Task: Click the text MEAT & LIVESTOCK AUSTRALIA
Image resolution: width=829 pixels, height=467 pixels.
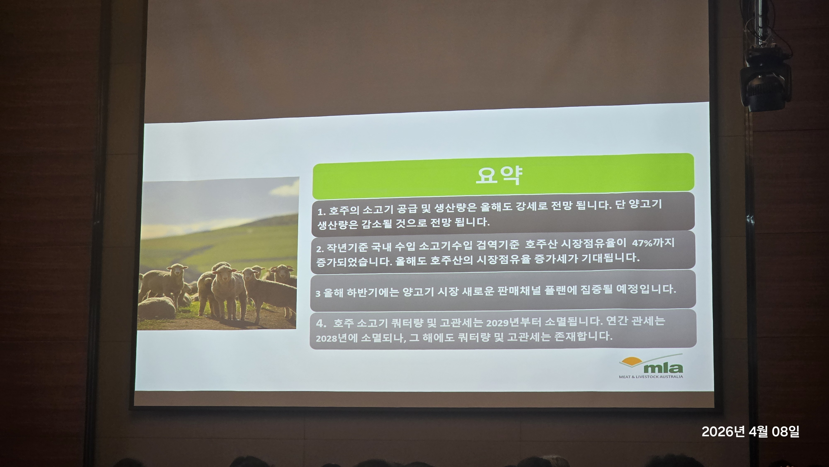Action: (x=651, y=377)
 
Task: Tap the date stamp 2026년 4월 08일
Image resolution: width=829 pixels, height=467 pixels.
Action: (x=750, y=432)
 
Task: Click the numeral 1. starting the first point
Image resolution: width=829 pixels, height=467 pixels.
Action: (x=322, y=212)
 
